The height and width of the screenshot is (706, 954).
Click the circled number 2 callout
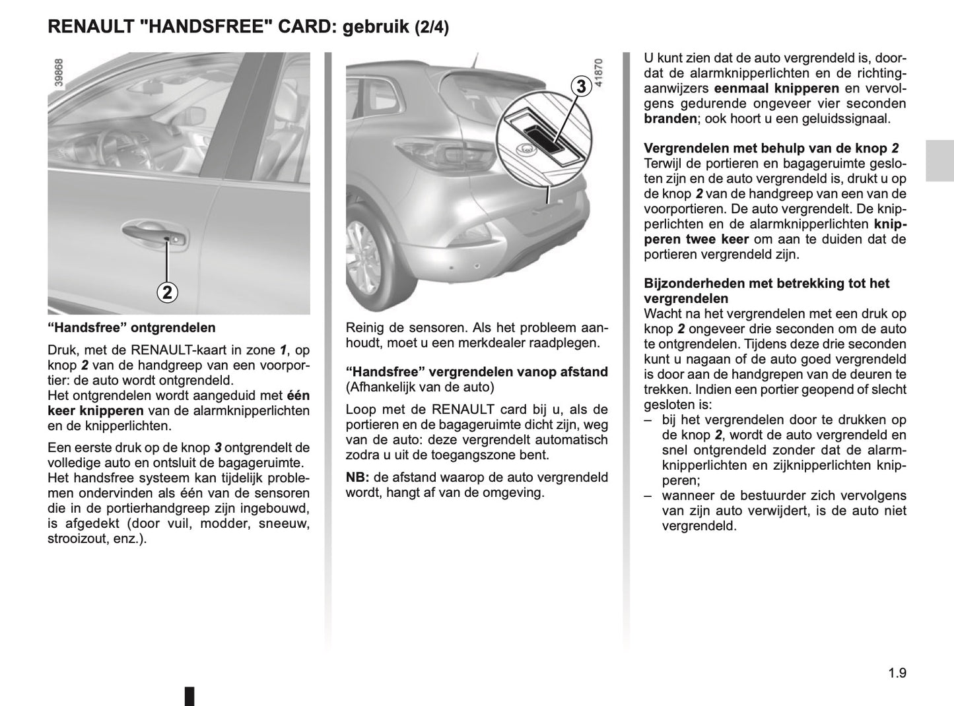click(167, 292)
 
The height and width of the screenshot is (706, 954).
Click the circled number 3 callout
click(580, 86)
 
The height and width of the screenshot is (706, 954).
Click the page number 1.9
click(897, 673)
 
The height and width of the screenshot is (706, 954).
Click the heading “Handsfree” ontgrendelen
click(131, 327)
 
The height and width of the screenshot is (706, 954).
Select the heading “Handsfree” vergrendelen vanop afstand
click(477, 372)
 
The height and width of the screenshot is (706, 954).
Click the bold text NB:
click(357, 477)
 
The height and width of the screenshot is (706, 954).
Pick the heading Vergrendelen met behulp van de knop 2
click(770, 149)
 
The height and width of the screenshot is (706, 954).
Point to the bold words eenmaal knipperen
click(776, 88)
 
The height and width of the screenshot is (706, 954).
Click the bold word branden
click(670, 119)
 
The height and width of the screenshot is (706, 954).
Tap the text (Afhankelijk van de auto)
click(419, 387)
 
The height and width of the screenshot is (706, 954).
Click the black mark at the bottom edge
click(189, 696)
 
